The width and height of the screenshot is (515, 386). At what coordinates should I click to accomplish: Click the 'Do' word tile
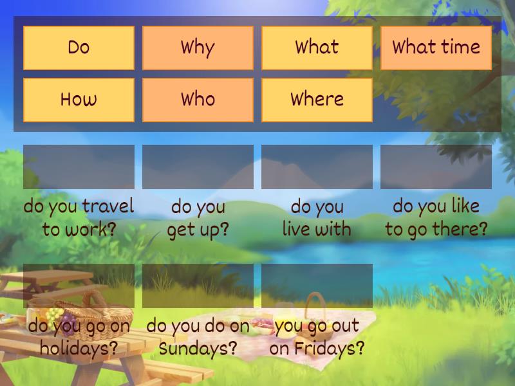click(79, 48)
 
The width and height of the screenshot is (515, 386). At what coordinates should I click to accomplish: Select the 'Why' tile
click(198, 48)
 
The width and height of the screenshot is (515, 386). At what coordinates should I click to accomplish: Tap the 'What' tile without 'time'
click(317, 48)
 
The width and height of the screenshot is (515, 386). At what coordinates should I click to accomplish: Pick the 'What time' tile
click(436, 48)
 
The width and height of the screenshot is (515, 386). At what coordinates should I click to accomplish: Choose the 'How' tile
click(79, 100)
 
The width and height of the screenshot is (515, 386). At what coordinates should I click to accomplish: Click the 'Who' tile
click(198, 100)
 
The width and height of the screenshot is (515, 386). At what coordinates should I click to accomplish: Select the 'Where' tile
click(317, 100)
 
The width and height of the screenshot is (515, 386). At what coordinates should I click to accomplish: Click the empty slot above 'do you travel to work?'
click(79, 167)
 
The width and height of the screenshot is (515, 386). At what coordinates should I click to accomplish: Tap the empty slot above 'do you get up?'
click(198, 167)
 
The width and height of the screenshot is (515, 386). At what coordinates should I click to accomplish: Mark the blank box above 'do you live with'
click(317, 167)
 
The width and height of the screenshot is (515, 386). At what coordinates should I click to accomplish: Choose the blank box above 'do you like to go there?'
click(436, 167)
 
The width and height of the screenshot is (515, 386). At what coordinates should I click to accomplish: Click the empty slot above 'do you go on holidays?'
click(79, 285)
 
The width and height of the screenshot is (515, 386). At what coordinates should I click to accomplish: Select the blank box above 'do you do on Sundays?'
click(198, 285)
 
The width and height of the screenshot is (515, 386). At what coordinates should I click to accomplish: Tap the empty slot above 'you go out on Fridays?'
click(317, 285)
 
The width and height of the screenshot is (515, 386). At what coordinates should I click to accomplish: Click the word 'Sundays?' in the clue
click(198, 349)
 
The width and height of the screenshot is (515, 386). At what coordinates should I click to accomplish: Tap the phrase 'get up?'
click(198, 230)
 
